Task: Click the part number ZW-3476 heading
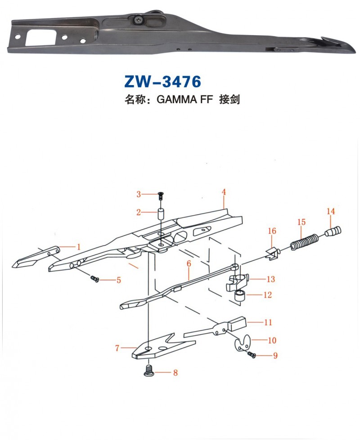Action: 162,82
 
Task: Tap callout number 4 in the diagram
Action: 223,192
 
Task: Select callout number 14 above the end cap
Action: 331,211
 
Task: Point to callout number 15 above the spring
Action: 301,222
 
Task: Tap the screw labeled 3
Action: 160,195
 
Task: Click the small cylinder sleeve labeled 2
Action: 160,213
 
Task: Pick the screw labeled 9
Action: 252,355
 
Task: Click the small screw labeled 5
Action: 95,279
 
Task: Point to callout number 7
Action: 117,348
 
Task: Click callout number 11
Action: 268,322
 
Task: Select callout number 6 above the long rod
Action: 189,263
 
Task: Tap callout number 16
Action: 272,231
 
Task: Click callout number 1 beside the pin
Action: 78,246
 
